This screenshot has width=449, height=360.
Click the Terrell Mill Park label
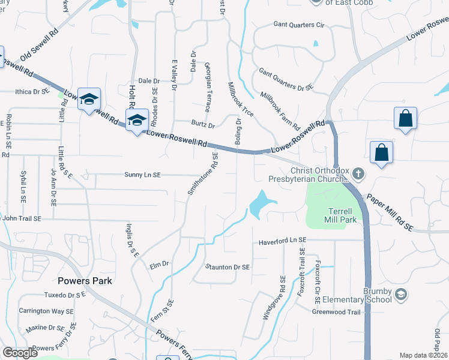click(x=343, y=216)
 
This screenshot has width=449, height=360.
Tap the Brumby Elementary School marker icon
click(x=402, y=294)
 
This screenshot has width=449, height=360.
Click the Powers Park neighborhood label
click(x=85, y=280)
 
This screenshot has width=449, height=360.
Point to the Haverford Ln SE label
click(x=282, y=241)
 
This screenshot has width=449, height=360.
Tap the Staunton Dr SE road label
click(x=228, y=266)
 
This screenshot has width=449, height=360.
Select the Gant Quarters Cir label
click(x=299, y=25)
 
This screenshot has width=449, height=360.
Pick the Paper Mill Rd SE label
click(x=390, y=212)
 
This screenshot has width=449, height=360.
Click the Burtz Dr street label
click(x=203, y=125)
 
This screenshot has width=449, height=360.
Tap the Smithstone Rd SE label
click(x=203, y=173)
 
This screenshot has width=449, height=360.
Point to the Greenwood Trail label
click(x=336, y=311)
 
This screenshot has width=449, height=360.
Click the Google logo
click(x=20, y=353)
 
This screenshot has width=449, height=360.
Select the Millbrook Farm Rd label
click(x=280, y=111)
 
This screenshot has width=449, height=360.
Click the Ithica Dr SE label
click(x=31, y=92)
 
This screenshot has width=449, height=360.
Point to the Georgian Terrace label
click(x=208, y=88)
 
